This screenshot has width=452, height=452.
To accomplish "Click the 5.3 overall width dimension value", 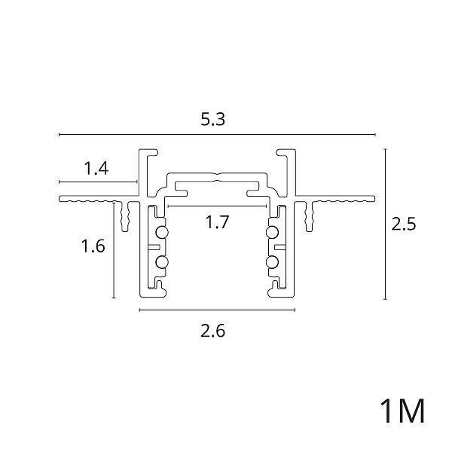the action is (212, 119).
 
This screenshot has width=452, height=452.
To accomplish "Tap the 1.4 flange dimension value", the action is (96, 169).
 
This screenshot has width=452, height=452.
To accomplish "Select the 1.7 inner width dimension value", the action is (217, 222).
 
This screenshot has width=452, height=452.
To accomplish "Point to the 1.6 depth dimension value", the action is (93, 246).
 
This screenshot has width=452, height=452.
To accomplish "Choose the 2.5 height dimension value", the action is (404, 224).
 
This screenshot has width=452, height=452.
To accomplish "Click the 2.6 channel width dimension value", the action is (212, 331).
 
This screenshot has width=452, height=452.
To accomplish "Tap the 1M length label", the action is (402, 411).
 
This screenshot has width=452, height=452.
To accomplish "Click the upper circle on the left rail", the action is (162, 232).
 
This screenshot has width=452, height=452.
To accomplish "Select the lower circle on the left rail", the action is (162, 262).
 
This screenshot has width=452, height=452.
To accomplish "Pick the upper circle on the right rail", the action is (273, 232).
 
